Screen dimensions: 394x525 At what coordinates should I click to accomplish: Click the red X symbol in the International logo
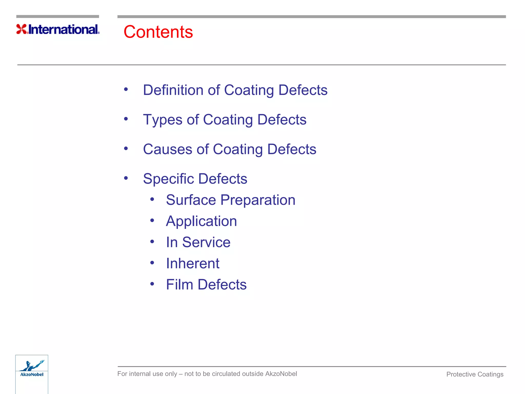click(x=22, y=29)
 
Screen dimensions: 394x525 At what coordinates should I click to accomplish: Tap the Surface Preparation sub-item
click(x=230, y=200)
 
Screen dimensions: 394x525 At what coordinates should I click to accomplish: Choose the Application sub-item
click(x=201, y=221)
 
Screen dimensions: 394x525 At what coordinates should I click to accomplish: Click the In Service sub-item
click(x=198, y=242)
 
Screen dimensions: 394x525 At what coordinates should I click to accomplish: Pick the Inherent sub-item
click(x=193, y=263)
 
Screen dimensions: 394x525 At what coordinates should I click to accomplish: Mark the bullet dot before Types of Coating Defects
click(x=126, y=119)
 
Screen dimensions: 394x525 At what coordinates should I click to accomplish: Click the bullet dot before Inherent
click(x=152, y=263)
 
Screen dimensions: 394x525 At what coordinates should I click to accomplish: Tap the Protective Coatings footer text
click(x=475, y=374)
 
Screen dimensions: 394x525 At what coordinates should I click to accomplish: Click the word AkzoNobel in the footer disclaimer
click(x=281, y=374)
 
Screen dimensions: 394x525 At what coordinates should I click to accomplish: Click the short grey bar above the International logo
click(x=58, y=17)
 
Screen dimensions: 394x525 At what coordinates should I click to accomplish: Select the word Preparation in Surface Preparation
click(x=258, y=200)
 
